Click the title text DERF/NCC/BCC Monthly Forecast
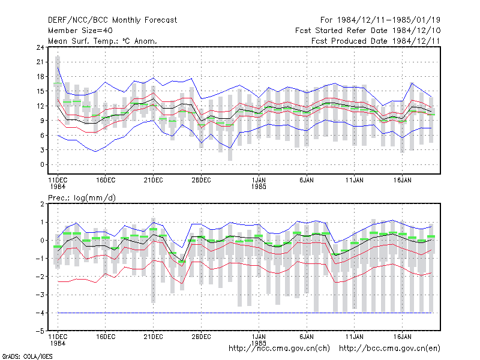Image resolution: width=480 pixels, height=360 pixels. tap(112, 20)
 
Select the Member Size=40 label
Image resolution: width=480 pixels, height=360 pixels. tap(80, 31)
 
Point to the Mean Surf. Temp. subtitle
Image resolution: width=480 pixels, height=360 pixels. tap(102, 41)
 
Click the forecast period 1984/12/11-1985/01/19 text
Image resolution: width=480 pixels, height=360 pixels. tap(380, 20)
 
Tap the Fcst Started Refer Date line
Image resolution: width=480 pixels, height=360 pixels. tap(368, 31)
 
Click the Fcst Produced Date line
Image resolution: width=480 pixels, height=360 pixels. tap(376, 41)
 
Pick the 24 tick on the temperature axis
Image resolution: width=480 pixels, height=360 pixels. tap(40, 47)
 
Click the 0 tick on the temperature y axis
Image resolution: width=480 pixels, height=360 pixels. tap(42, 164)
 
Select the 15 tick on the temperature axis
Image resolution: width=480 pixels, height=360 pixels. tap(40, 91)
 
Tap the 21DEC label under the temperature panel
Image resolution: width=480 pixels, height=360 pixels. tap(154, 180)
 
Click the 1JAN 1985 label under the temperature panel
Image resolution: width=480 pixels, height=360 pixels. tap(259, 183)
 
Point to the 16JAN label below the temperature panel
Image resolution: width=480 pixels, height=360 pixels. tap(402, 180)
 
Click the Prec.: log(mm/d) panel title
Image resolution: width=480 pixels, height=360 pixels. tap(82, 198)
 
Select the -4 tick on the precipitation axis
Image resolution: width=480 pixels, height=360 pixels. tap(40, 313)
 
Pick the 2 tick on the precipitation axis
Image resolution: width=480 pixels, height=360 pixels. tap(42, 204)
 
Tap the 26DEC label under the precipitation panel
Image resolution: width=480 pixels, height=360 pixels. tap(201, 337)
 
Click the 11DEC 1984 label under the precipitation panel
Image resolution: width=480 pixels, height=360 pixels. tap(58, 340)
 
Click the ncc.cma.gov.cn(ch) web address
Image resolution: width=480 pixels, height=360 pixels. tap(279, 349)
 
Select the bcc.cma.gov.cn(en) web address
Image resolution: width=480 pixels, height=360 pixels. tap(389, 349)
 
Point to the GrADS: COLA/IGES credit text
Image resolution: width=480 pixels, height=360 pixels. tap(27, 356)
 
